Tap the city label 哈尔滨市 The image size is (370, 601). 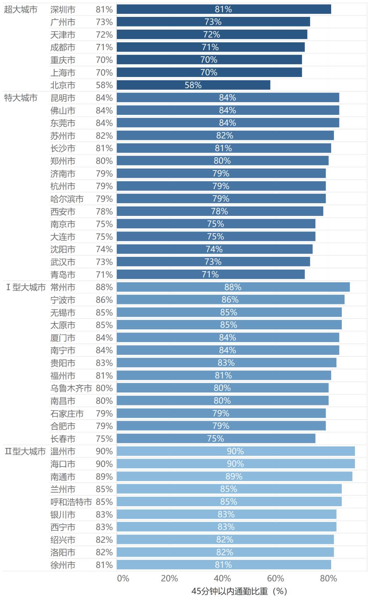(x=67, y=199)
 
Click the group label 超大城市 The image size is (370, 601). (x=21, y=10)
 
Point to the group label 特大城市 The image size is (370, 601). (x=21, y=98)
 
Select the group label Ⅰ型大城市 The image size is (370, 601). (x=26, y=287)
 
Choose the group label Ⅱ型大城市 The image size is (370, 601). (x=25, y=451)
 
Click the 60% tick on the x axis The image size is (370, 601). (x=275, y=578)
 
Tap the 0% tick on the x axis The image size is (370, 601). (x=123, y=578)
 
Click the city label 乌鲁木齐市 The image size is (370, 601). (x=71, y=388)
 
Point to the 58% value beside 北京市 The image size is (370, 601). (x=104, y=85)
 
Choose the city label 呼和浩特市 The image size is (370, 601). (x=71, y=502)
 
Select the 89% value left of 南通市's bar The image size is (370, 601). (x=104, y=477)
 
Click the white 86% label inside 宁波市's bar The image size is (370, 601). (x=230, y=300)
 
